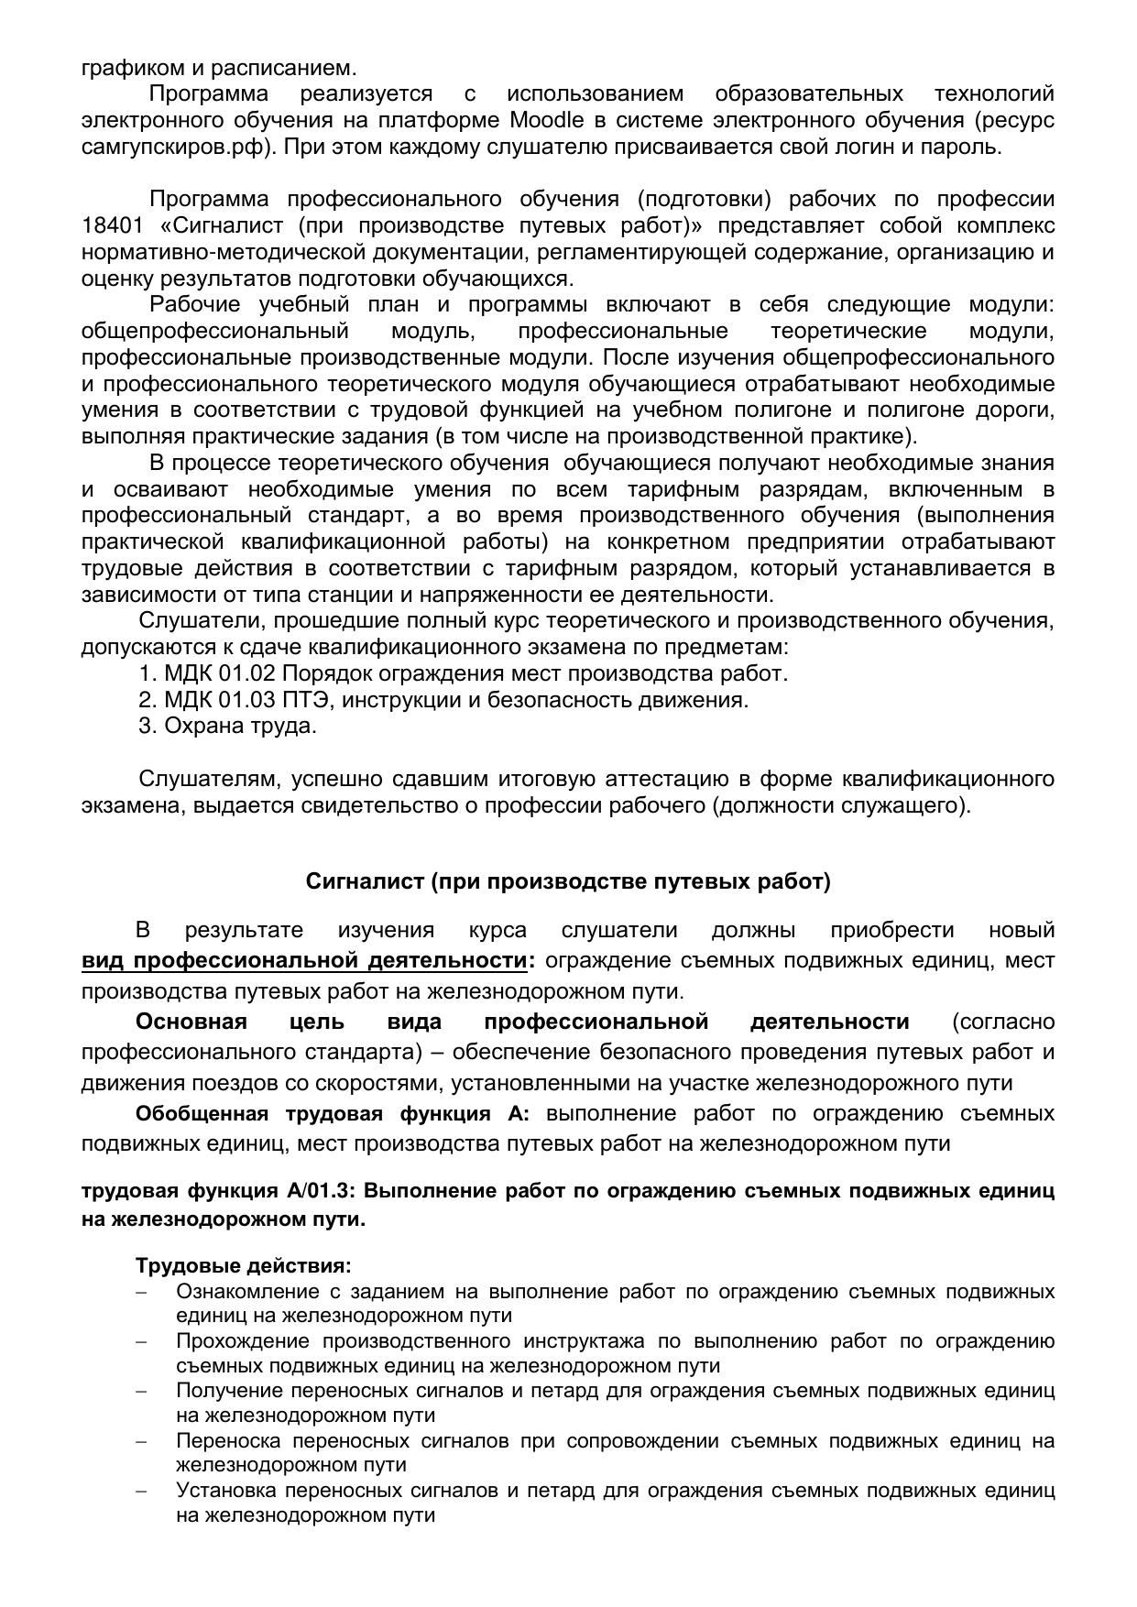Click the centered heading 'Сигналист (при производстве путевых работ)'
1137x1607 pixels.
pos(568,881)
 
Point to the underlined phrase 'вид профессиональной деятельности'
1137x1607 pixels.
pos(304,961)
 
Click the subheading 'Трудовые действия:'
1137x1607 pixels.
pos(244,1266)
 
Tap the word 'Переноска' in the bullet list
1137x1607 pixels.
pos(229,1440)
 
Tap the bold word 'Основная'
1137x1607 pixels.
pos(191,1022)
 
